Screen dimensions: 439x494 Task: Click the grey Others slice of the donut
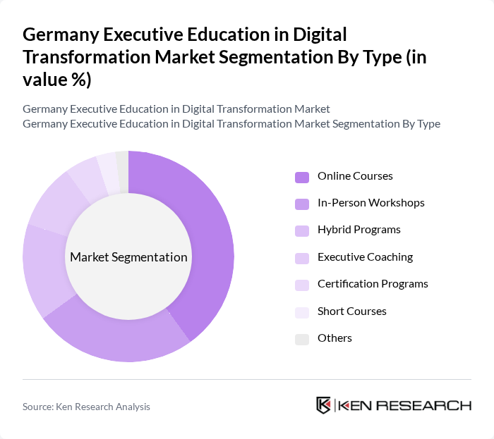tap(123, 161)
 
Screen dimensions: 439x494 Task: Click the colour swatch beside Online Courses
tap(301, 176)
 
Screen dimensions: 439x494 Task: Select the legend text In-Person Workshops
tap(370, 203)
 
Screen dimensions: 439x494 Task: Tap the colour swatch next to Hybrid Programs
tap(301, 230)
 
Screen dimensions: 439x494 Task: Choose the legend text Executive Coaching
tap(365, 257)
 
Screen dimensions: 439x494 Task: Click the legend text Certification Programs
tap(373, 284)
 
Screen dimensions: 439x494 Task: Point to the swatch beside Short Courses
tap(301, 311)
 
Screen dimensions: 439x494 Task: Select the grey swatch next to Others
tap(301, 338)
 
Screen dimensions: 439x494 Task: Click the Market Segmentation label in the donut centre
tap(128, 257)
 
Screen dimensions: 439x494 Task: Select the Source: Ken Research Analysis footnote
tap(86, 407)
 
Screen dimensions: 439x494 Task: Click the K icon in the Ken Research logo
tap(324, 405)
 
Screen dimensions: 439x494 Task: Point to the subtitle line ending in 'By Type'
tap(231, 124)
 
